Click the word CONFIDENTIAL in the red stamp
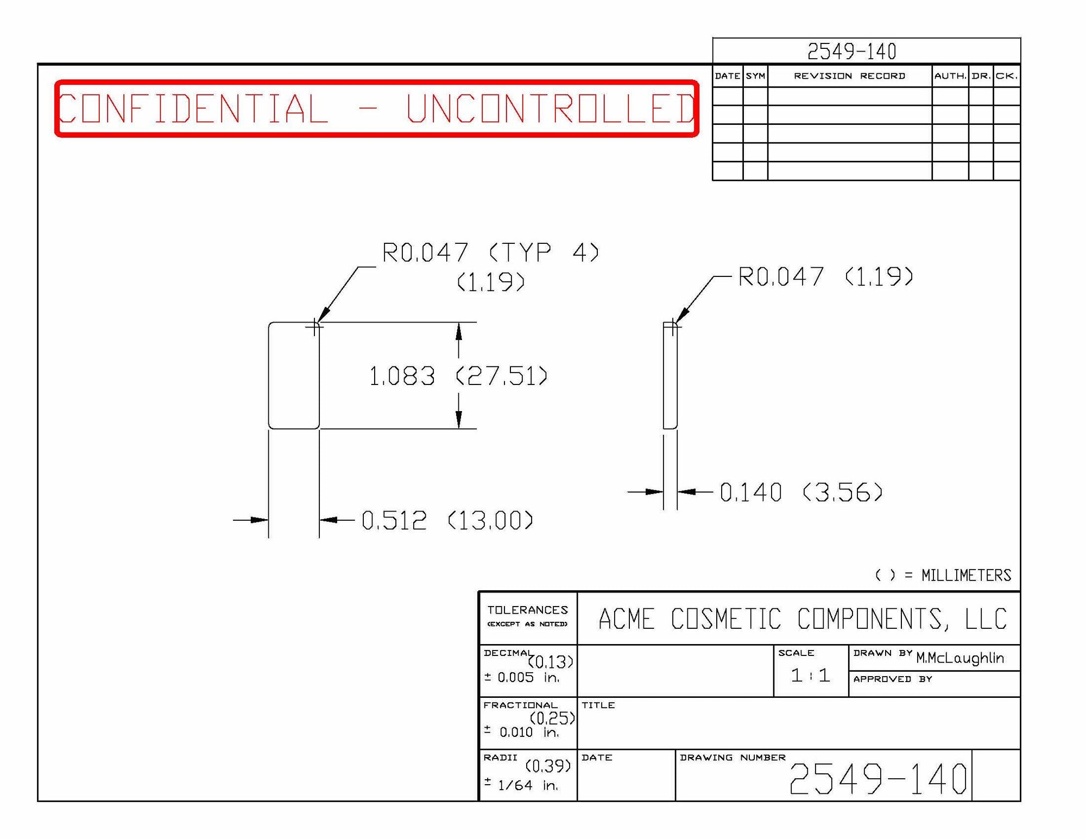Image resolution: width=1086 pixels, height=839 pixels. [x=193, y=109]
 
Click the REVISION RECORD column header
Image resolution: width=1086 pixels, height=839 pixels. [x=849, y=76]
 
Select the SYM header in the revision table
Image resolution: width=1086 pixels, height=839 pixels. [x=755, y=76]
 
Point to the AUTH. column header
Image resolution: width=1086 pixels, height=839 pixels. [x=950, y=76]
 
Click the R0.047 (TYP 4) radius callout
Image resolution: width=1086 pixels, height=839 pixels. [x=490, y=253]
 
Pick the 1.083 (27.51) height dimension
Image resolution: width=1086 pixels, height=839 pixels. [x=458, y=376]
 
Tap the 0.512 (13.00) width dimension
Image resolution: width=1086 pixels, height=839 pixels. [x=447, y=520]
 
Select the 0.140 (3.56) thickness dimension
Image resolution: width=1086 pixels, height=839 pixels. [x=801, y=493]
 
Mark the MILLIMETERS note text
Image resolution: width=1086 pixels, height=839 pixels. [x=966, y=575]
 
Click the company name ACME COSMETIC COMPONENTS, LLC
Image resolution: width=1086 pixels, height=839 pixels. [x=802, y=619]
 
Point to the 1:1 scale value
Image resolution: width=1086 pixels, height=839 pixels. [x=810, y=675]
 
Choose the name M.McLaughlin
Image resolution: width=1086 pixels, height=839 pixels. [x=959, y=658]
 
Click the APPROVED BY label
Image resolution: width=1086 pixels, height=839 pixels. [x=892, y=679]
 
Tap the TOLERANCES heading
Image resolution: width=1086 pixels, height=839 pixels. [x=527, y=610]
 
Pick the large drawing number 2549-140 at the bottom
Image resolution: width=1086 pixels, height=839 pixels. [x=877, y=779]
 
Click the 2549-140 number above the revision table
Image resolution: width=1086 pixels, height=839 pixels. [x=851, y=52]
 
